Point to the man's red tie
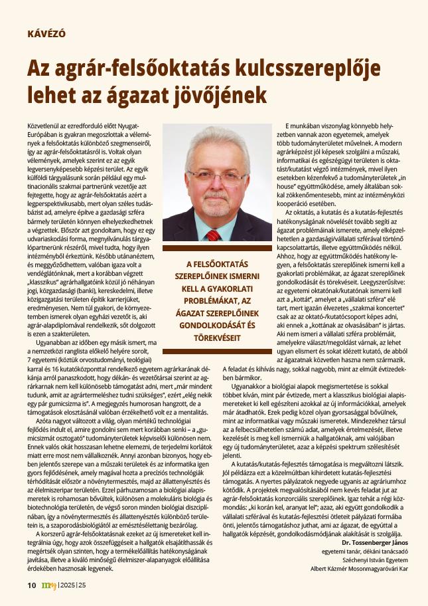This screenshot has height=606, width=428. [213, 235]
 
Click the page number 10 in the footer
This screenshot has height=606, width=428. [31, 585]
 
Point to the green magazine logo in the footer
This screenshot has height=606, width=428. [48, 585]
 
